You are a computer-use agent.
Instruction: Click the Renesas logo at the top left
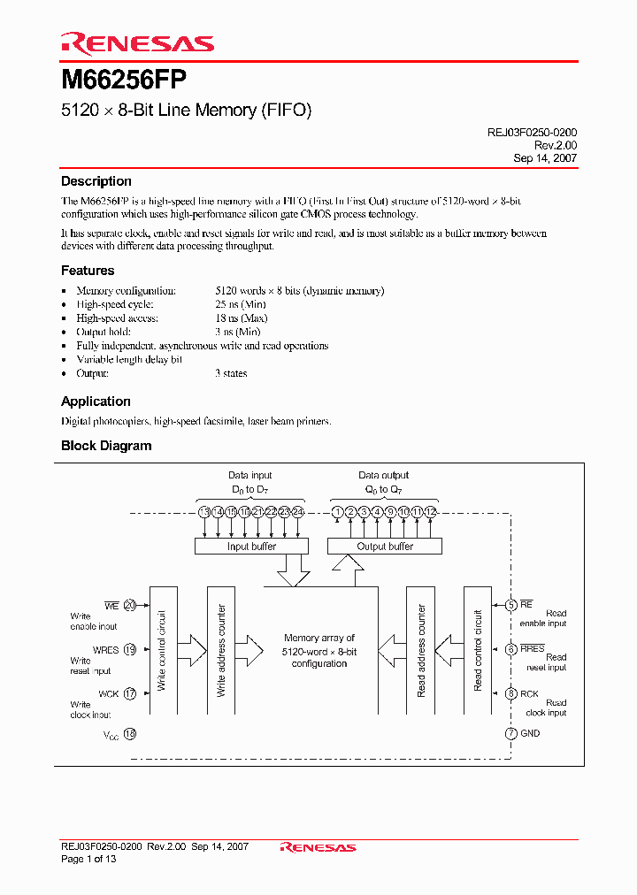click(137, 43)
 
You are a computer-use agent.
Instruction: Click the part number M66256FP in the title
click(123, 80)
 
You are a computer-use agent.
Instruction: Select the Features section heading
click(88, 271)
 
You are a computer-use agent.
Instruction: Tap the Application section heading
click(96, 402)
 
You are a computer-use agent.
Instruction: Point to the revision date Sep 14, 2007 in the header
click(545, 158)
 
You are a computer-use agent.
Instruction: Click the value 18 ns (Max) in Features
click(242, 318)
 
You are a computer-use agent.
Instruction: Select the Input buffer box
click(251, 547)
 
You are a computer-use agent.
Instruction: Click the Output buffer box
click(384, 547)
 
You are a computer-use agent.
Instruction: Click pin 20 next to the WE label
click(130, 606)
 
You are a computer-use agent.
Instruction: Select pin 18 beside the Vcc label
click(130, 734)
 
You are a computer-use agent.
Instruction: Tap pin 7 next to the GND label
click(510, 733)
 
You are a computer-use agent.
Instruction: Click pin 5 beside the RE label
click(510, 606)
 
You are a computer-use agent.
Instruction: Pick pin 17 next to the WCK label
click(130, 694)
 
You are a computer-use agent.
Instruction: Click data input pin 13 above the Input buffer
click(204, 512)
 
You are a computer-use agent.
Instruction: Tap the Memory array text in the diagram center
click(319, 650)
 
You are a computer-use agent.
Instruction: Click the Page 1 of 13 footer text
click(88, 859)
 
